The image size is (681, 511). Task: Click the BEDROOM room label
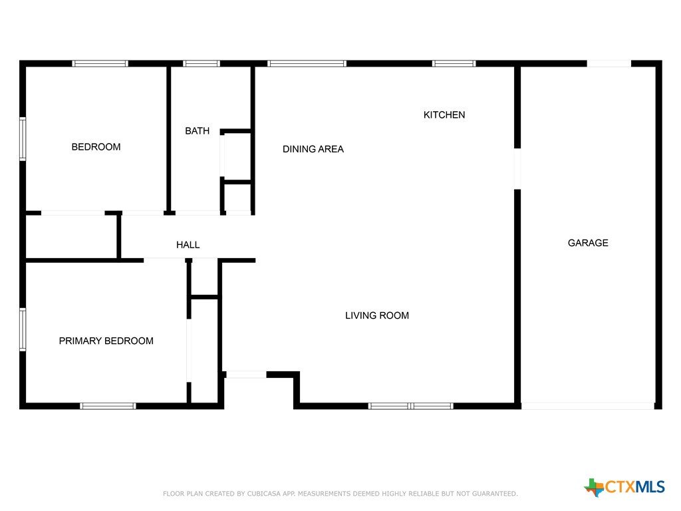pyautogui.click(x=96, y=147)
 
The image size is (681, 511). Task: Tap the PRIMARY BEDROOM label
pyautogui.click(x=106, y=341)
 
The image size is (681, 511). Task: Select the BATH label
pyautogui.click(x=197, y=131)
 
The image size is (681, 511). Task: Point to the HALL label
pyautogui.click(x=188, y=245)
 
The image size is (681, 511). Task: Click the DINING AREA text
pyautogui.click(x=313, y=149)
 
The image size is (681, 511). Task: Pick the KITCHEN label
pyautogui.click(x=444, y=114)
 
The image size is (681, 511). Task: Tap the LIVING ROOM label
pyautogui.click(x=377, y=315)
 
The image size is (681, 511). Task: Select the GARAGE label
pyautogui.click(x=588, y=243)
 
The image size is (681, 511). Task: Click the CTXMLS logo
pyautogui.click(x=624, y=487)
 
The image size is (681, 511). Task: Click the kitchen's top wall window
pyautogui.click(x=454, y=63)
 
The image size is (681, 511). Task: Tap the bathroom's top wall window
pyautogui.click(x=202, y=63)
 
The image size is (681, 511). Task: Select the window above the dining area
pyautogui.click(x=307, y=63)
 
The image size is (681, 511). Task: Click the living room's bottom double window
pyautogui.click(x=411, y=407)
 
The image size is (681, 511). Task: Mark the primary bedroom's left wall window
pyautogui.click(x=23, y=329)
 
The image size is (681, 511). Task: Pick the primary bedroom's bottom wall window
pyautogui.click(x=108, y=407)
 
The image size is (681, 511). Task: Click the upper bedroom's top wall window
pyautogui.click(x=100, y=63)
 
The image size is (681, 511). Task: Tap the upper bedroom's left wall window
pyautogui.click(x=23, y=139)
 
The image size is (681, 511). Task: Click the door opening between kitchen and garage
pyautogui.click(x=517, y=168)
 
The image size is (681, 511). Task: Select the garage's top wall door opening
pyautogui.click(x=609, y=63)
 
